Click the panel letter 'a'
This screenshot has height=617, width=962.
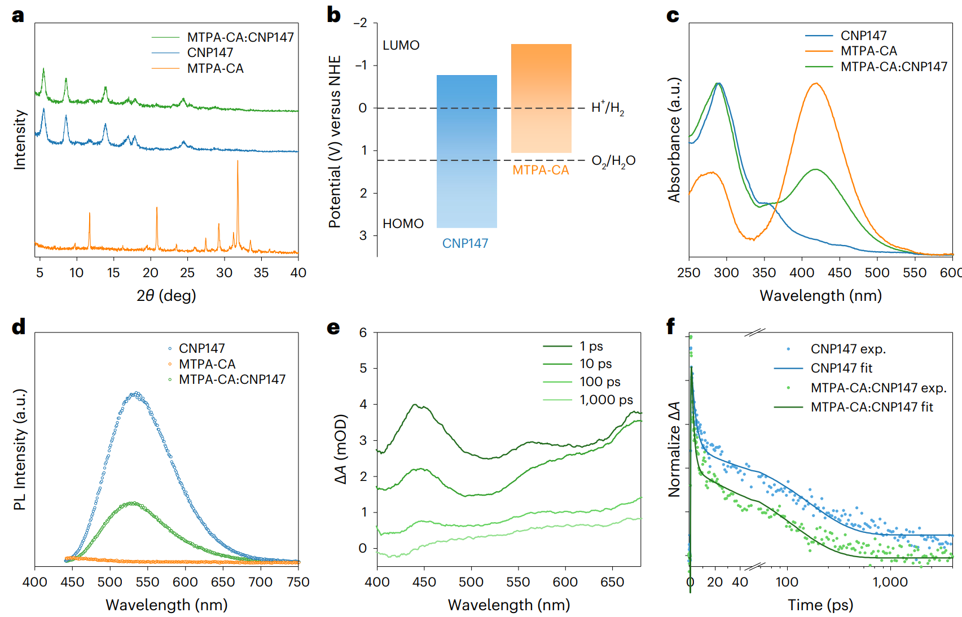coord(18,15)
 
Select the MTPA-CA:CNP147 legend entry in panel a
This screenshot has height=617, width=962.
coord(240,37)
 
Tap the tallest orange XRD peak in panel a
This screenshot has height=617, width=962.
coord(238,161)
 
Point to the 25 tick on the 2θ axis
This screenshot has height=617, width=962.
coord(187,273)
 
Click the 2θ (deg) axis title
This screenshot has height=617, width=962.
coord(166,295)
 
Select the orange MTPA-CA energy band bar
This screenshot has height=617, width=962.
coord(541,98)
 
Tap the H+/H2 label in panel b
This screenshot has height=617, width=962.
coord(608,107)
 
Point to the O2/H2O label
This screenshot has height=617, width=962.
coord(613,161)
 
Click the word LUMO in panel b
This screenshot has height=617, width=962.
coord(401,45)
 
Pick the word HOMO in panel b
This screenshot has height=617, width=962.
coord(403,224)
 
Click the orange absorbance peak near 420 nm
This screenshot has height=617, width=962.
coord(815,84)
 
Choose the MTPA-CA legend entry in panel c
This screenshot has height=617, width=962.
coord(868,51)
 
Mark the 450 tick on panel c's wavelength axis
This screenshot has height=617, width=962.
coord(840,273)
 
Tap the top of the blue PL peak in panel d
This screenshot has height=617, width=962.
coord(135,393)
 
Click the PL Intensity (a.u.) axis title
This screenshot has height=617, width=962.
coord(20,449)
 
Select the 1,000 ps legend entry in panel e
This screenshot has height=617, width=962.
coord(606,400)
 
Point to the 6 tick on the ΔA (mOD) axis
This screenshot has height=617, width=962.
coord(363,332)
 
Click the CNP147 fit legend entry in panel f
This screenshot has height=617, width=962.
coord(841,368)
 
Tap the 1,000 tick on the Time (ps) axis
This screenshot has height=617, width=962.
coord(890,582)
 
